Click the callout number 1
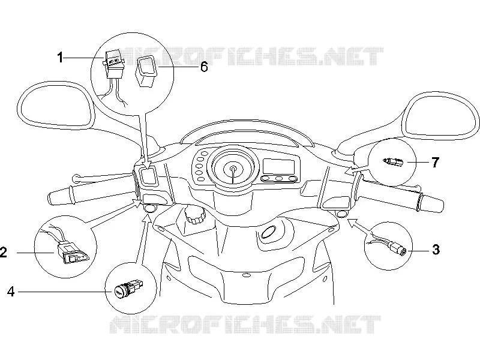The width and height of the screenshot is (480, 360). [x=61, y=57]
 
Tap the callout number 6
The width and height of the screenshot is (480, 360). [x=204, y=67]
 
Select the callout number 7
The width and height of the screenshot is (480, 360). [x=436, y=162]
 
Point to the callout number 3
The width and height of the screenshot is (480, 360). [x=436, y=250]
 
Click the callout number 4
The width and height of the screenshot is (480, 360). [x=11, y=292]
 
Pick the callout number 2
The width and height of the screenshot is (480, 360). [x=3, y=253]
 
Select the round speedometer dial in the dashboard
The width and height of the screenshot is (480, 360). [x=233, y=168]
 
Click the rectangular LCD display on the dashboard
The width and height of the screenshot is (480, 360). [x=279, y=167]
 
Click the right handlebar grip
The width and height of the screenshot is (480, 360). [x=431, y=203]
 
